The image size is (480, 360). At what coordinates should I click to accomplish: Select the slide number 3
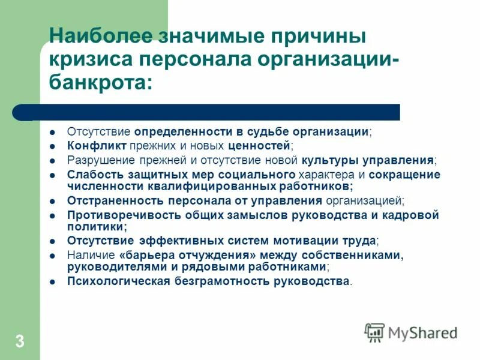20,343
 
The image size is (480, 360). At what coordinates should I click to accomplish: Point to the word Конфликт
88,146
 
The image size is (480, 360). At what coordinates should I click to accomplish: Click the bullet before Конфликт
53,146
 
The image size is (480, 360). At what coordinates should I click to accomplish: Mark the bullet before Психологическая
53,281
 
